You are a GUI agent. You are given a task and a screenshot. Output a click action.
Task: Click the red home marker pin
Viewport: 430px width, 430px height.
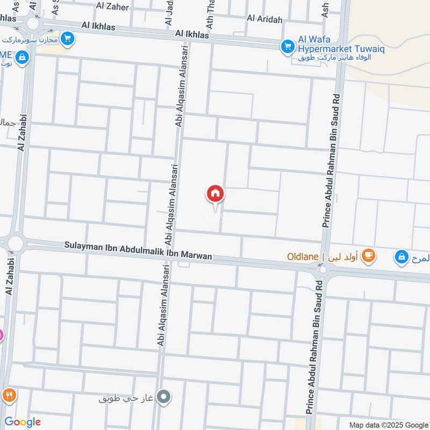[x=216, y=194]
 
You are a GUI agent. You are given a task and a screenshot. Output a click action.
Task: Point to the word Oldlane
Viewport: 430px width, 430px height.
[x=303, y=256]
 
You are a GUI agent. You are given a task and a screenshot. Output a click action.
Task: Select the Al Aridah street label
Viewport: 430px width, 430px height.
[x=264, y=18]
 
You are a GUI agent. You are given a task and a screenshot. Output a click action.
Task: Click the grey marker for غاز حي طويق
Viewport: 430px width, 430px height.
[x=166, y=398]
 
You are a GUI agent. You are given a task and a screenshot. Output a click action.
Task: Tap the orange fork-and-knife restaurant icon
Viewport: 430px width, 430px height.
[x=8, y=395]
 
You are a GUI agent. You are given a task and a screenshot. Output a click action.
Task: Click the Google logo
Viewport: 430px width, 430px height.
[x=22, y=422]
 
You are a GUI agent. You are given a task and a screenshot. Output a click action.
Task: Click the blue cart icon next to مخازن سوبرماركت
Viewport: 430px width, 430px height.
[x=67, y=38]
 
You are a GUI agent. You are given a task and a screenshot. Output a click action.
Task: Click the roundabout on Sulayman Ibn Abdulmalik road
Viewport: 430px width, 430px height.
[x=15, y=243]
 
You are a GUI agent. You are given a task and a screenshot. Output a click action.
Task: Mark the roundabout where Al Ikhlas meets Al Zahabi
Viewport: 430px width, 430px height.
[x=33, y=23]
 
